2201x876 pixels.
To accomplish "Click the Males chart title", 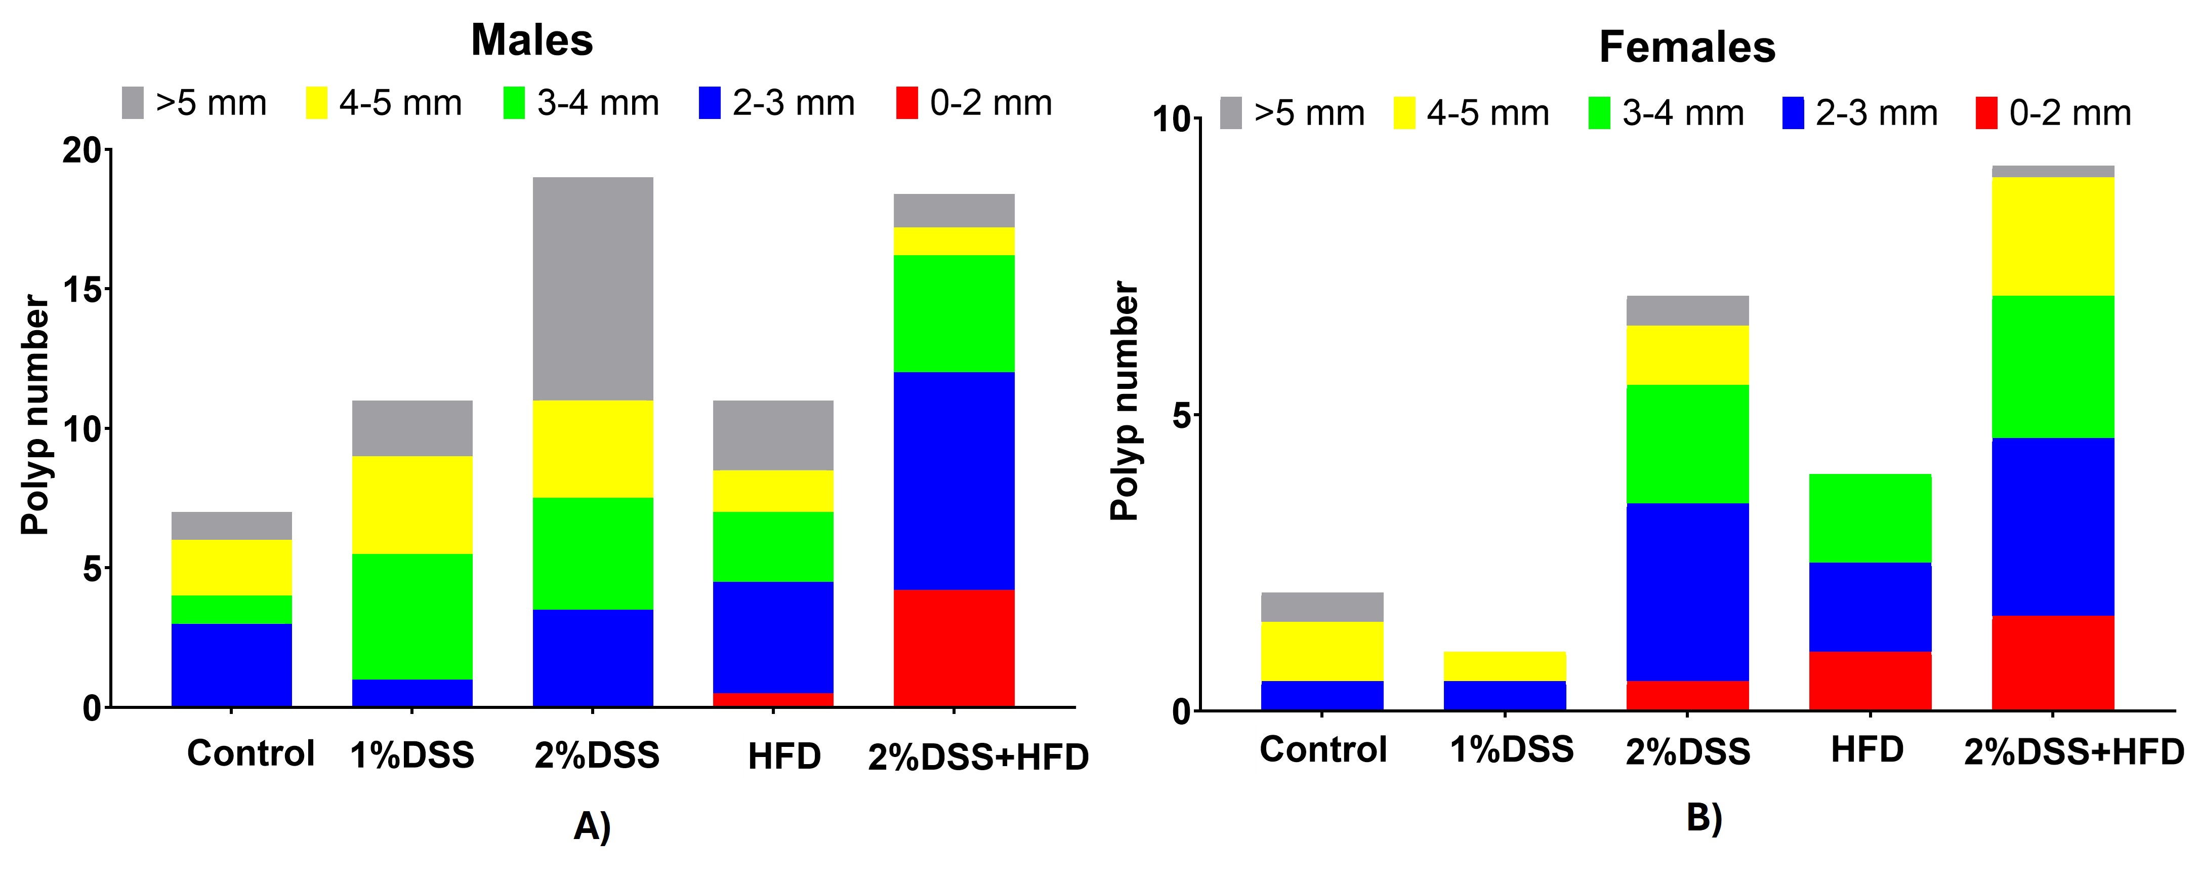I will [531, 40].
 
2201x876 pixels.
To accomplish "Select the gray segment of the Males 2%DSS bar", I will [593, 289].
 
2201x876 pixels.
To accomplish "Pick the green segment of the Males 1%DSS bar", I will [412, 616].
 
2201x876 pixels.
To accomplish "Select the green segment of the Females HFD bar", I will [1871, 518].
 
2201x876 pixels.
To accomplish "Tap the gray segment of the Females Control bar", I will [1322, 607].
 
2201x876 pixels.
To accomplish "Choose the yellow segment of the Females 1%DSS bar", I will [1505, 666].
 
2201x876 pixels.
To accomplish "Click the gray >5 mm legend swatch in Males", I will [133, 103].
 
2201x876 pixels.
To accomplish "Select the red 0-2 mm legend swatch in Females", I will [1986, 113].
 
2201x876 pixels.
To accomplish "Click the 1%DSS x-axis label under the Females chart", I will [1511, 749].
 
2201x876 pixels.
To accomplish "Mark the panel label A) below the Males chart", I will [592, 826].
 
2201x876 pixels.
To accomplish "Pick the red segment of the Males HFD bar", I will [773, 699].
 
